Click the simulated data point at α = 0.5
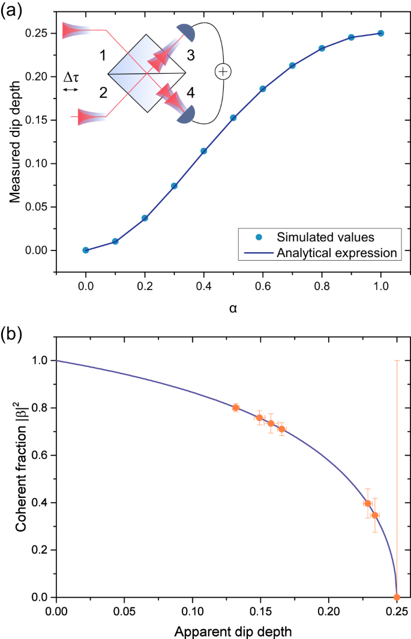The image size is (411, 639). [x=233, y=118]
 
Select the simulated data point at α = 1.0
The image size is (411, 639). [x=380, y=33]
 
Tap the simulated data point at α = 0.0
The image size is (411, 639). [x=86, y=250]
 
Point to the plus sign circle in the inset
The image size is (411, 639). [x=223, y=71]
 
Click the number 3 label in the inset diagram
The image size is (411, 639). [x=190, y=56]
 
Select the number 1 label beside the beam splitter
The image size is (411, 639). [x=103, y=56]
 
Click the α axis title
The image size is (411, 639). [x=233, y=308]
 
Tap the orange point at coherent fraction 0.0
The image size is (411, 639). [x=397, y=597]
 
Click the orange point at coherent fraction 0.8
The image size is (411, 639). [x=236, y=408]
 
